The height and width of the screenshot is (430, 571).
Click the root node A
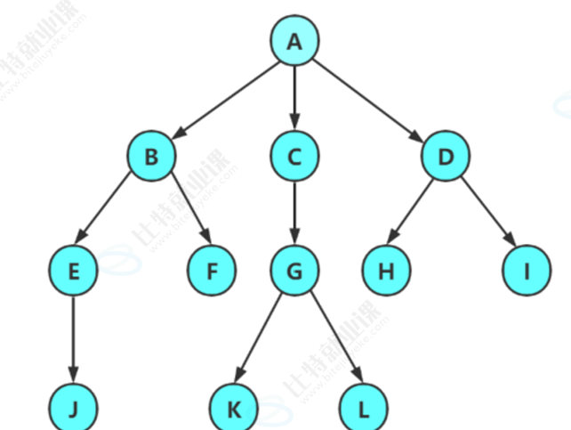294,41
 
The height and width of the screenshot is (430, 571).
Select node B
151,157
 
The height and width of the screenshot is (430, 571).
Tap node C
294,157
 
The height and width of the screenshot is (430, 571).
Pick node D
446,157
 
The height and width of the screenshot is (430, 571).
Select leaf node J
74,409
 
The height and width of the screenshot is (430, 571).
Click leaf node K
233,409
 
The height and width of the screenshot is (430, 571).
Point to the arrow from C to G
294,214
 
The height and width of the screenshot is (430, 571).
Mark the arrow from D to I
486,214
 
